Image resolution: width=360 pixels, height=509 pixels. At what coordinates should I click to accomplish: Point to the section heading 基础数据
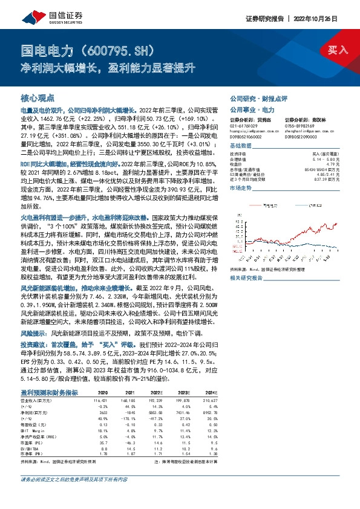241,147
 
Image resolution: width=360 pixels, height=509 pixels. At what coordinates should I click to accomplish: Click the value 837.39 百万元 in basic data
324,180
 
